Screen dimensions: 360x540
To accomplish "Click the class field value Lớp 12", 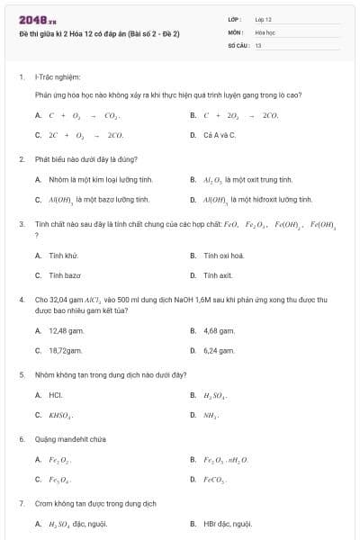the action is (264, 19).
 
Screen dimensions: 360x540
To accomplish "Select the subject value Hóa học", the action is (265, 31).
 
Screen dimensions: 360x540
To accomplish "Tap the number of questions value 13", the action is (258, 44).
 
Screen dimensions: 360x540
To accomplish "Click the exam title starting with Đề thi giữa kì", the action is (100, 33).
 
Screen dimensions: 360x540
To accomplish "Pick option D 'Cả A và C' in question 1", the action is (220, 135).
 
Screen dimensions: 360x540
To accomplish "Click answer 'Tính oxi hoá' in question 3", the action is (224, 256).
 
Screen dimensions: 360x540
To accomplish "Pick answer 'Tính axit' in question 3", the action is (219, 275).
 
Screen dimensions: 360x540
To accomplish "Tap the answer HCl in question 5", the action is (55, 394).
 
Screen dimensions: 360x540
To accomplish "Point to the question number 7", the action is (21, 503).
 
